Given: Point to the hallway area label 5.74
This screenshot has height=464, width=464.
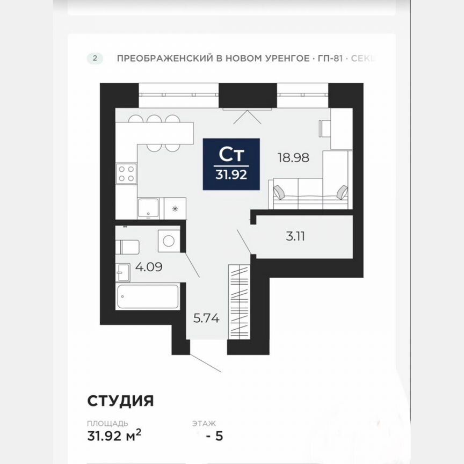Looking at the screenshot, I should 206,317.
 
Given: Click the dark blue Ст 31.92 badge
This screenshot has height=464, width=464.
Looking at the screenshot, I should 231,164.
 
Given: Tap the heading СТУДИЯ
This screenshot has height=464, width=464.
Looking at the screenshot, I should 121,401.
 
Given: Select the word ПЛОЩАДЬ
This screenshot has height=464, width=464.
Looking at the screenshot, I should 107,424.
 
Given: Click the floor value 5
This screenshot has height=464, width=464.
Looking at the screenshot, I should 218,436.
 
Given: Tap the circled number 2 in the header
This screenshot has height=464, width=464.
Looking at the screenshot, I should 95,59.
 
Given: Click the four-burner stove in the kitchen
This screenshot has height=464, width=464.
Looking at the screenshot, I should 126,173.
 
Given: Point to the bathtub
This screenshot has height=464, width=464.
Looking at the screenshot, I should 148,296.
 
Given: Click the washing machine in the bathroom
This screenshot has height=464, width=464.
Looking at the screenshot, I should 169,241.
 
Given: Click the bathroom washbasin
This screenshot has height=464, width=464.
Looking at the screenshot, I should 123,272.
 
